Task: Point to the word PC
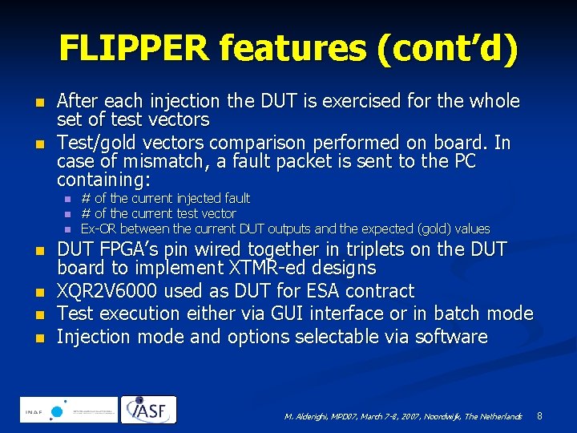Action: [461, 162]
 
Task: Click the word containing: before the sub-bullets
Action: [103, 180]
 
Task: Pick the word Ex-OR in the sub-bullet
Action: [97, 229]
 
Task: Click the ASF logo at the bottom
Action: [150, 410]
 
